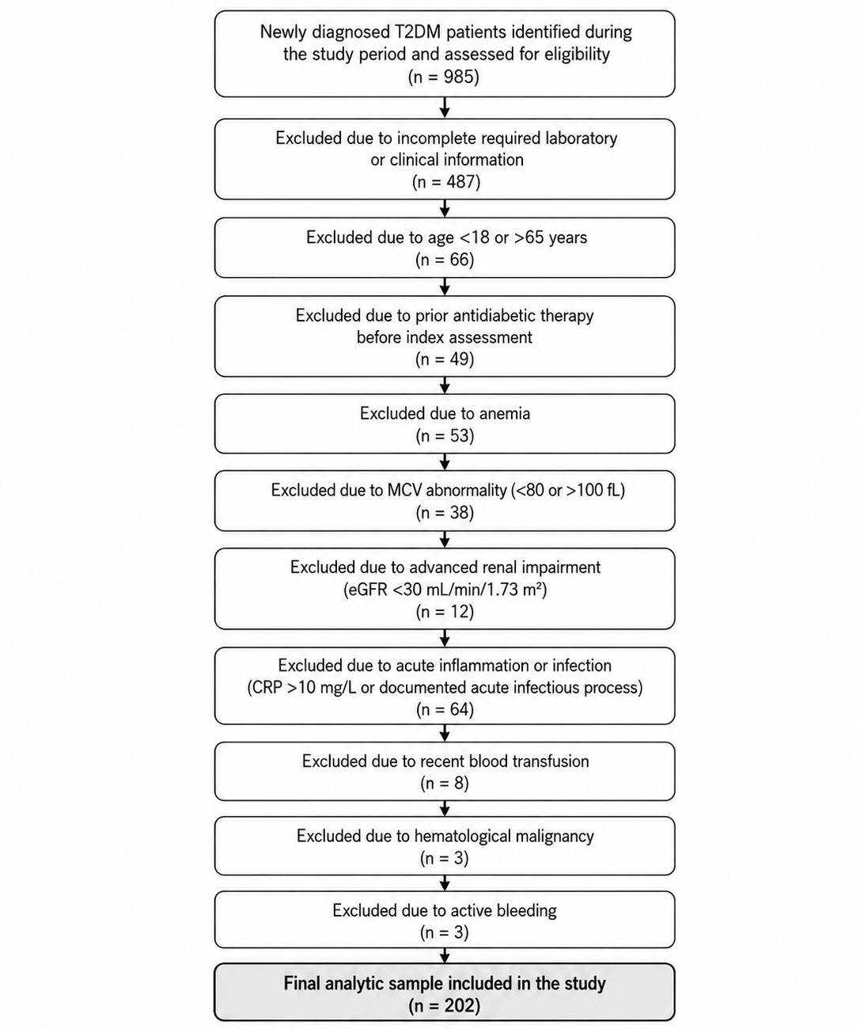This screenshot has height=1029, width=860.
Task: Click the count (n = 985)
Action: pos(444,77)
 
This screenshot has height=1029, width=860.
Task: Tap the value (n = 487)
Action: pos(445,182)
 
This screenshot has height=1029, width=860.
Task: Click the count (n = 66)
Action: pos(445,260)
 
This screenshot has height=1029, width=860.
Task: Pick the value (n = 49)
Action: pos(445,359)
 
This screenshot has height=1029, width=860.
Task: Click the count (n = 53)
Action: pos(445,435)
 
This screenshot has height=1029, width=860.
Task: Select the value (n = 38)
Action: pos(445,513)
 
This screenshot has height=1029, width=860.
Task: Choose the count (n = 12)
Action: pos(445,612)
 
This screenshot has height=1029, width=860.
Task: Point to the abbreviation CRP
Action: pos(267,688)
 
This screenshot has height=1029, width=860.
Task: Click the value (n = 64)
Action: pos(445,709)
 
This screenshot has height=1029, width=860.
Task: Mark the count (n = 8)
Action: pos(445,784)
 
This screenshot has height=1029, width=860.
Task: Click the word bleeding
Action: pos(527,911)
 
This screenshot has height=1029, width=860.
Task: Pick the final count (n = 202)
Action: pos(445,1006)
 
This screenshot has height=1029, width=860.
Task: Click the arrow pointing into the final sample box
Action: pos(445,955)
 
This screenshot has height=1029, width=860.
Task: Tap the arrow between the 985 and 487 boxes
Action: pos(445,108)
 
